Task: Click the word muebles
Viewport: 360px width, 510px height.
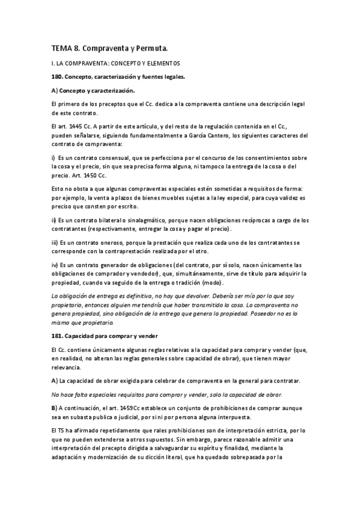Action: pyautogui.click(x=169, y=198)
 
